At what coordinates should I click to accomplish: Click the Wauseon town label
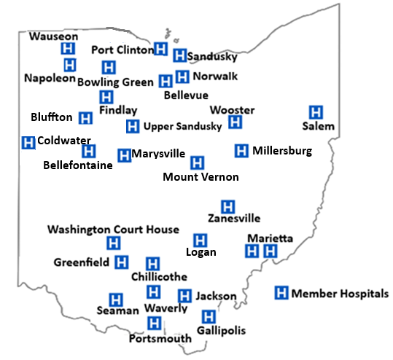tap(54, 36)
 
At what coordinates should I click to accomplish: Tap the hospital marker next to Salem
tap(316, 112)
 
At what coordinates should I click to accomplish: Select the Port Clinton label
tap(122, 50)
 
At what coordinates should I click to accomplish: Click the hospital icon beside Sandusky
tap(179, 55)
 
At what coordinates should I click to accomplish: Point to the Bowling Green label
tap(115, 82)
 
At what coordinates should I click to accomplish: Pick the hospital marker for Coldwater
tap(28, 142)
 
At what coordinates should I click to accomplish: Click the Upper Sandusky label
tap(182, 127)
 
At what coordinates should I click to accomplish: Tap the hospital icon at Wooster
tap(235, 122)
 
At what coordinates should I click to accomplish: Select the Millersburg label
tap(282, 152)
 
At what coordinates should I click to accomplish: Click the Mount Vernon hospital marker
tap(197, 163)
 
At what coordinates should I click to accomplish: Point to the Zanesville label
tap(233, 218)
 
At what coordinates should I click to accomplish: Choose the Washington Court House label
tap(113, 230)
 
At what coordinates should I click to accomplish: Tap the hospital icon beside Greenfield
tap(122, 262)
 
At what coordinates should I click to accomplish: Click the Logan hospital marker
tap(200, 240)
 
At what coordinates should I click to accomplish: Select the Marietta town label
tap(270, 239)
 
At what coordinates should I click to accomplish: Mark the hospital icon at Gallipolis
tap(209, 316)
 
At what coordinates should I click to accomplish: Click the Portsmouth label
tap(160, 339)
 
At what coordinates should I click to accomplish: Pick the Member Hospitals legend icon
tap(281, 293)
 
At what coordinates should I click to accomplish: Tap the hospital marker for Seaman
tap(114, 299)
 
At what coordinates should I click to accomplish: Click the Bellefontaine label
tap(78, 165)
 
